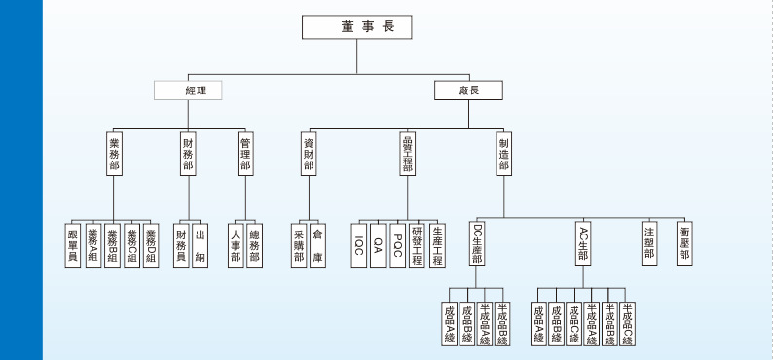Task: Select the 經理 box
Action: (x=189, y=90)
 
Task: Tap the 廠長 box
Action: (x=468, y=90)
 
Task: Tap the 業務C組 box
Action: (x=131, y=245)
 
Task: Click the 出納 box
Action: (x=200, y=245)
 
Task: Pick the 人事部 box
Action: (x=236, y=245)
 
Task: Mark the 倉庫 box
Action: (x=317, y=245)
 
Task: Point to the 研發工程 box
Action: (x=417, y=245)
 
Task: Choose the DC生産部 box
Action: (x=477, y=243)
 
